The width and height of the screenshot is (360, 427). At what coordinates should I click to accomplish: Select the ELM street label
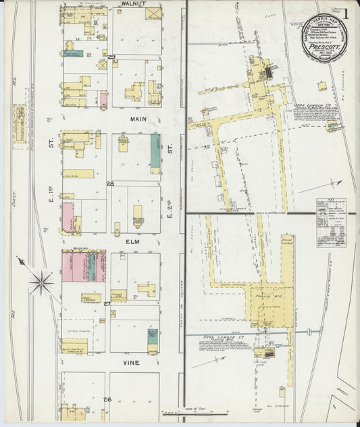(132, 238)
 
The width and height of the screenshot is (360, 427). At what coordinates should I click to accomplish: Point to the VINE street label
(131, 362)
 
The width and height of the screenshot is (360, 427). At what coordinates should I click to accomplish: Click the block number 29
(111, 57)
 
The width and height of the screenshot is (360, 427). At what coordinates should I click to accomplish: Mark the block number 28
(109, 183)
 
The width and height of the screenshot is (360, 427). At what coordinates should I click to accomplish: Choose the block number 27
(107, 304)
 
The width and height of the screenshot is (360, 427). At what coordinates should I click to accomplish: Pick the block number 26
(107, 399)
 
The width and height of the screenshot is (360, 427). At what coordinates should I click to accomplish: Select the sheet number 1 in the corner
(345, 13)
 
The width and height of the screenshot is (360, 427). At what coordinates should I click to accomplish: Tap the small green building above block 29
(74, 53)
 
